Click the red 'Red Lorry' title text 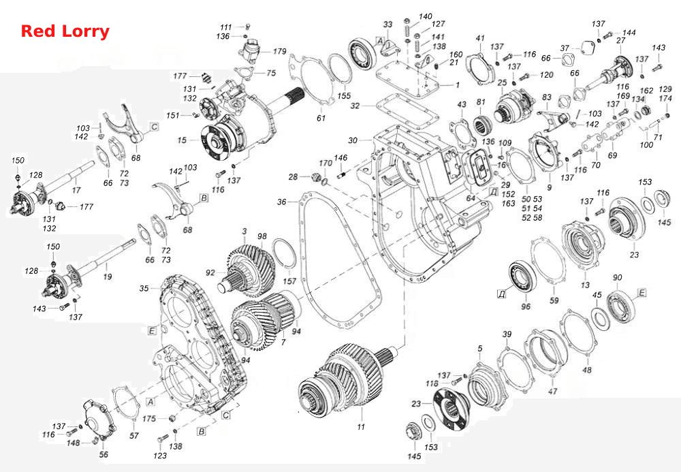tap(65, 32)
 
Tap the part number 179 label tap(280, 51)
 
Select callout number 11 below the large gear tap(361, 427)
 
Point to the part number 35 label tap(144, 288)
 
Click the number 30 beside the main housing tap(353, 140)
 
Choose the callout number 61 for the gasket tap(321, 118)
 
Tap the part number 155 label tap(344, 96)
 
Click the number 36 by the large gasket tap(282, 202)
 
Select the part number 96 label tap(526, 306)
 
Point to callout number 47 tap(552, 391)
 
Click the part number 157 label tap(289, 281)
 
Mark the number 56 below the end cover tap(104, 454)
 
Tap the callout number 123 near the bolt tap(160, 456)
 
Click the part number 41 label tap(480, 38)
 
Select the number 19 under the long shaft tap(108, 277)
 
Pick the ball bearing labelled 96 tap(522, 277)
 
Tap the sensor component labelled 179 tap(250, 50)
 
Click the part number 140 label tap(426, 16)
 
